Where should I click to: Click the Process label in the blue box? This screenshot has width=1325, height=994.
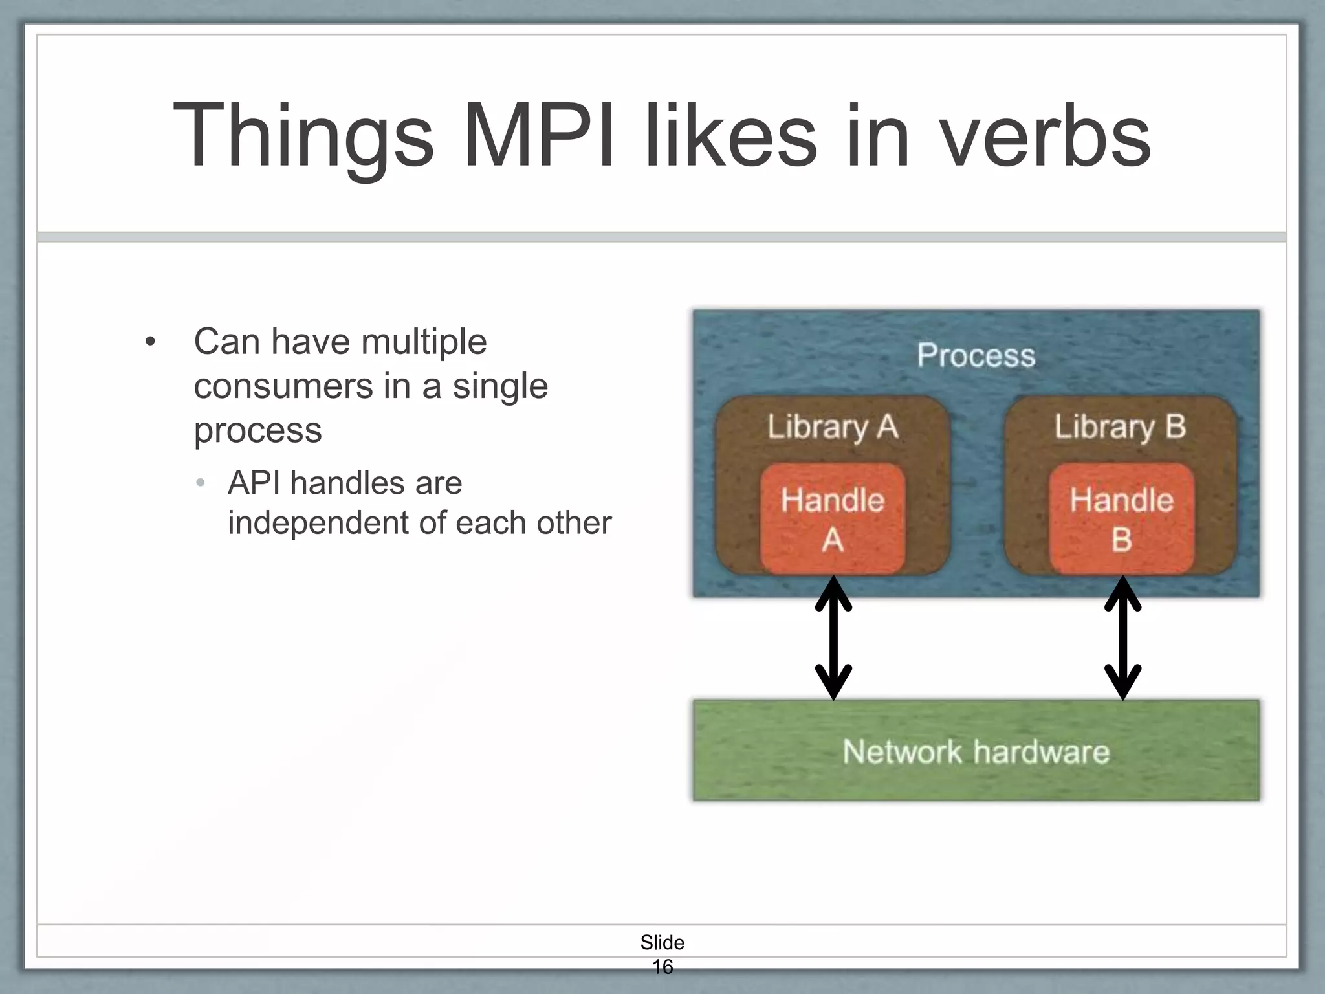tap(976, 355)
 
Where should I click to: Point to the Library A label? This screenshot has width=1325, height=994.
tap(833, 426)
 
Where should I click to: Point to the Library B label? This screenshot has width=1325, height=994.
tap(1120, 426)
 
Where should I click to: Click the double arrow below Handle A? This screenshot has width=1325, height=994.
tap(833, 638)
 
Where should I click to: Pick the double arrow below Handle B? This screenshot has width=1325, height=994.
tap(1122, 638)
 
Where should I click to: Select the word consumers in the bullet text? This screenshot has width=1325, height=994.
tap(283, 386)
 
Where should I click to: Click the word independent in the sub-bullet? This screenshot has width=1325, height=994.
tap(317, 523)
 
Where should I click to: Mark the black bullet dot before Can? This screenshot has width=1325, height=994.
tap(150, 342)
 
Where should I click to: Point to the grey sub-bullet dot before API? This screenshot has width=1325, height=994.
tap(201, 483)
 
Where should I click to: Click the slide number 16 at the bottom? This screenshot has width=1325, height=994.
tap(662, 966)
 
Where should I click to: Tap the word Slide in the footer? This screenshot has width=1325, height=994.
tap(662, 942)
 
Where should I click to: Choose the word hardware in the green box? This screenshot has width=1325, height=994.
tap(1041, 752)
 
